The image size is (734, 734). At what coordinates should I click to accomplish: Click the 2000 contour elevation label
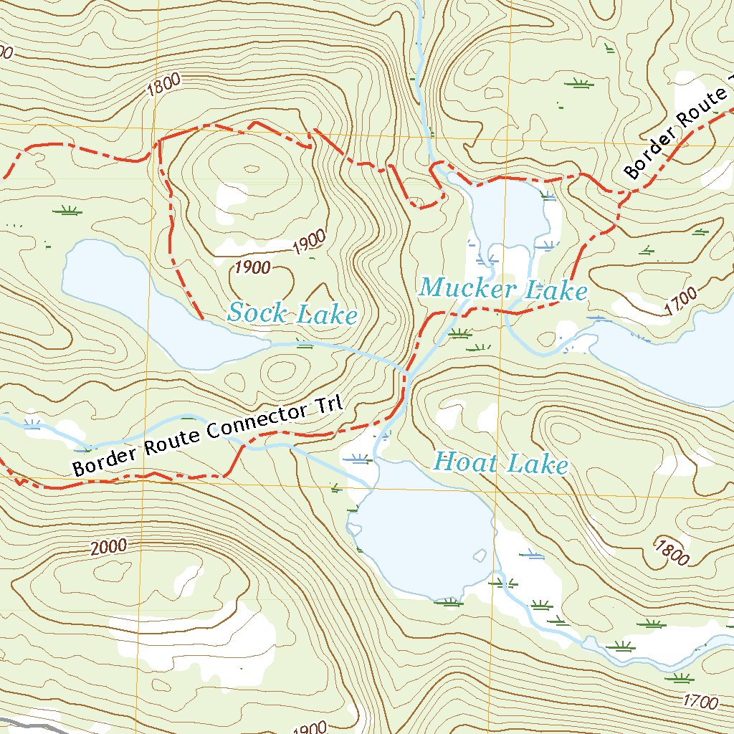coord(109,548)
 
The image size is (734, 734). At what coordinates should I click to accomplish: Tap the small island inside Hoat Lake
coord(478,555)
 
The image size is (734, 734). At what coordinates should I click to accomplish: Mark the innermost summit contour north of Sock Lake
coord(251,169)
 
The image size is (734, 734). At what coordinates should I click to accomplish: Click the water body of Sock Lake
coord(129,294)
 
